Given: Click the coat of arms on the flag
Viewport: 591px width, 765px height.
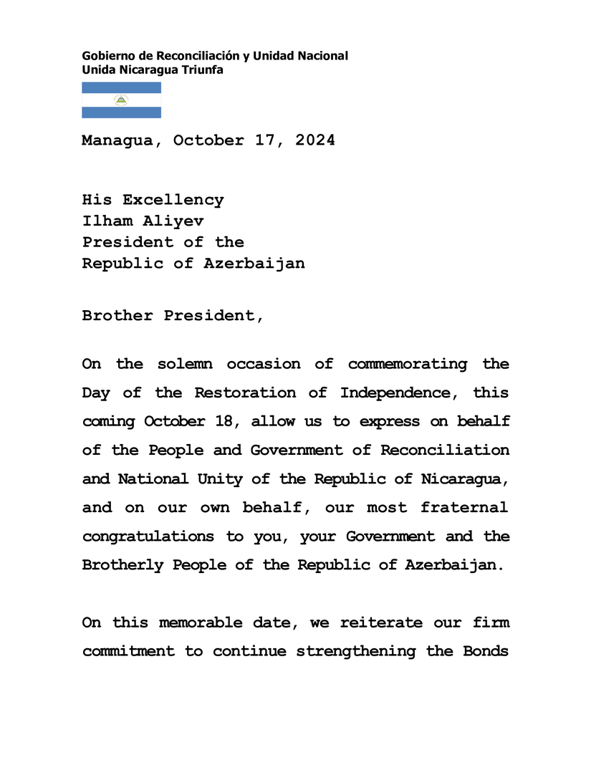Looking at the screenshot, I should (121, 100).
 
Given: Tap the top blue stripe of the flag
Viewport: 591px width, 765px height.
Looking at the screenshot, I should (121, 87).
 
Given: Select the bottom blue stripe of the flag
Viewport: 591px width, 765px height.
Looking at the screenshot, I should (121, 112).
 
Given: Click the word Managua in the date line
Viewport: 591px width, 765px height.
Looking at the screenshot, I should (117, 140).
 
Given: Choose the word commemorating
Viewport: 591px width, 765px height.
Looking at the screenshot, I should (407, 364).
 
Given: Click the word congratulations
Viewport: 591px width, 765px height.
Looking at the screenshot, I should (148, 536).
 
